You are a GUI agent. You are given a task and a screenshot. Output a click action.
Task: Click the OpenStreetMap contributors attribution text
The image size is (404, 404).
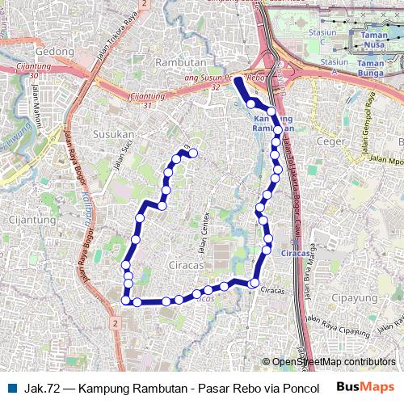[x=333, y=362]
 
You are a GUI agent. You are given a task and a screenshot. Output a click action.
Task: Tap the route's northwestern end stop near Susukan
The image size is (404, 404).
[x=193, y=153]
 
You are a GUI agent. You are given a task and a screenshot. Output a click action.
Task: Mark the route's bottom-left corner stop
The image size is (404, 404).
[x=125, y=301]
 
